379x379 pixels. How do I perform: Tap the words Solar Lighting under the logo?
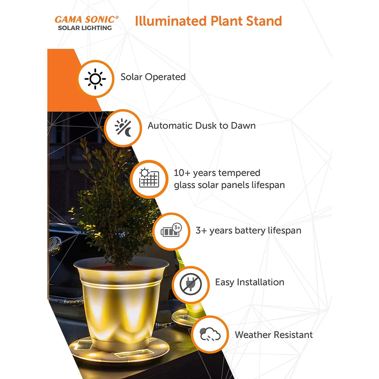[85, 28]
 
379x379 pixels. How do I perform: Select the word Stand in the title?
[264, 21]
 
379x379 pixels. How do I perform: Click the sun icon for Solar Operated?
[95, 79]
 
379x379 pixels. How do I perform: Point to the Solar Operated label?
[153, 77]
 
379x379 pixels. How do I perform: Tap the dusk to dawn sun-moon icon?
[123, 128]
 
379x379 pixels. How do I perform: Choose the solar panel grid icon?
[149, 178]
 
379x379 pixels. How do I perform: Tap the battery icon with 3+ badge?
[171, 230]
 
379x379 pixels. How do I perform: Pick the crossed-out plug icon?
[190, 284]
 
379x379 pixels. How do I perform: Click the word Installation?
[261, 282]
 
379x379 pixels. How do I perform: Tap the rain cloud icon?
[210, 334]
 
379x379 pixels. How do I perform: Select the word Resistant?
[293, 335]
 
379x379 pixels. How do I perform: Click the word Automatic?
[170, 126]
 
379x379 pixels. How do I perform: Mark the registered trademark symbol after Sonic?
[117, 17]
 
